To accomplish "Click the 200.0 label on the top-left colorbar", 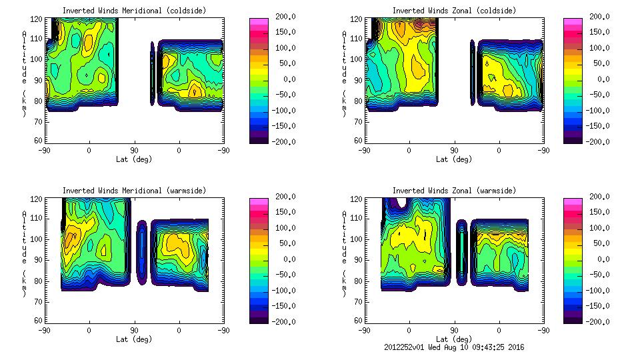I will pos(270,17).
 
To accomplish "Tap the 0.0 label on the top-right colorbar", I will pos(589,79).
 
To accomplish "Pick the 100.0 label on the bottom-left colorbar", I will pos(270,228).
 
